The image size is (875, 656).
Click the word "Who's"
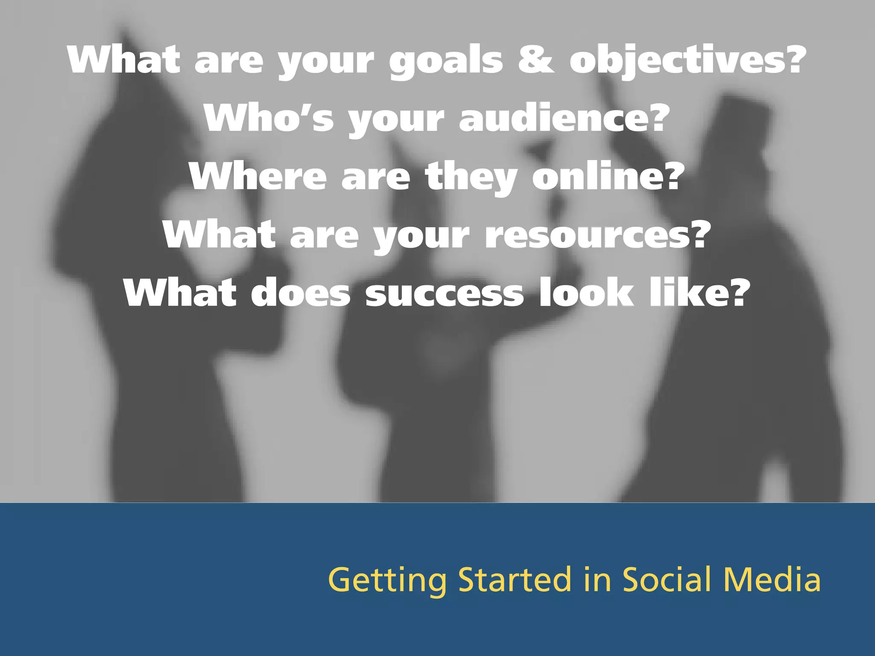pos(268,118)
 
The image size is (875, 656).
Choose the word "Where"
pos(258,176)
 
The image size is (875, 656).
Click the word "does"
pos(300,293)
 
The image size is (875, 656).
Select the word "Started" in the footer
pos(515,580)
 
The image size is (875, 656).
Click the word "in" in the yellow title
pos(597,580)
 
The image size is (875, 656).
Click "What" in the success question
pos(179,293)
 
